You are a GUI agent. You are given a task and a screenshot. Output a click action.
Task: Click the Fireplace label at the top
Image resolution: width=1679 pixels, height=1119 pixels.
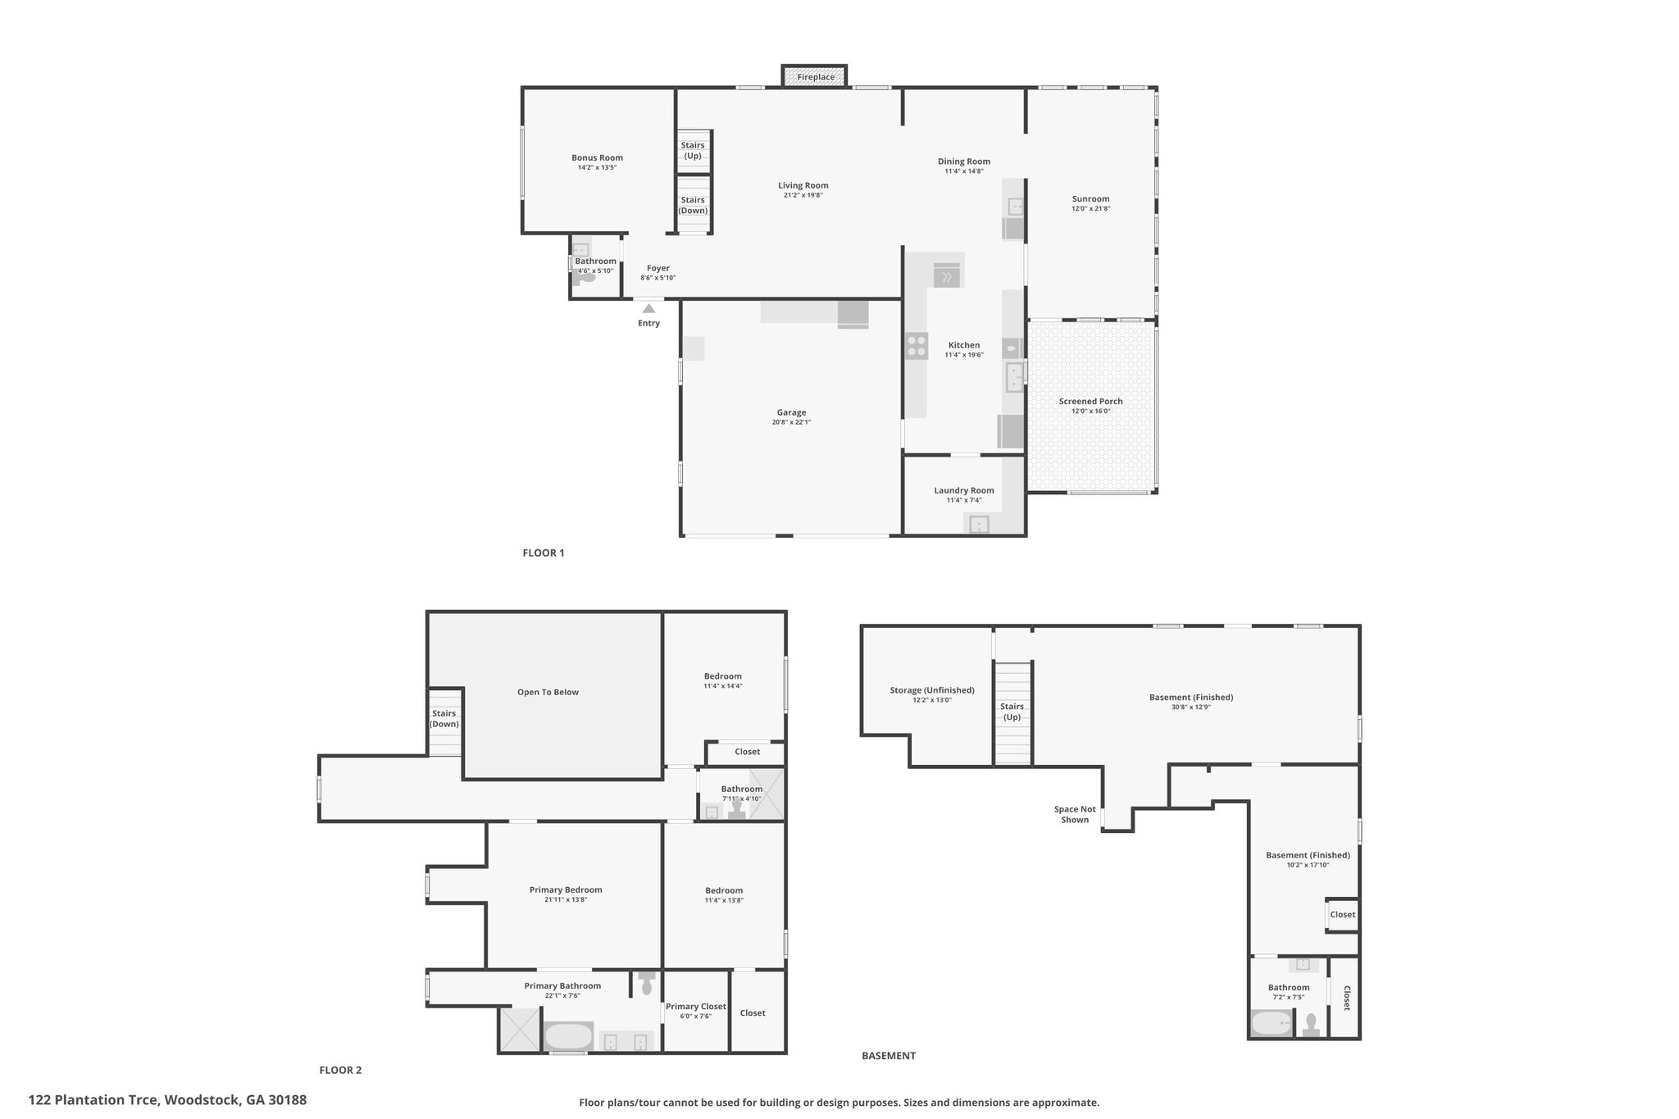pos(816,77)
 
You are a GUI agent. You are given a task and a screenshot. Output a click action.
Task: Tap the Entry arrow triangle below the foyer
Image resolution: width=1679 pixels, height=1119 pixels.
pos(648,308)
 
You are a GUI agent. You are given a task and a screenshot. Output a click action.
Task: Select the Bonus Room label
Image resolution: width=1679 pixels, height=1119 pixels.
pos(597,157)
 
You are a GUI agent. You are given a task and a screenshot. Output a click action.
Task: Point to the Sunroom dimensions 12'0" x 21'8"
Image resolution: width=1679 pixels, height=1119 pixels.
pos(1090,208)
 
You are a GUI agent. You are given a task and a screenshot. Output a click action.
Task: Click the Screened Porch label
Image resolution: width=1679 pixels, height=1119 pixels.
pos(1090,401)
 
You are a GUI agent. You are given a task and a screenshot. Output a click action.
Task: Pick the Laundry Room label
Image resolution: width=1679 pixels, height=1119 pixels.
pos(963,490)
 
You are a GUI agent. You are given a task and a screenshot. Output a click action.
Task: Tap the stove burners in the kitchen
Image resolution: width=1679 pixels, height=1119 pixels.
pos(917,346)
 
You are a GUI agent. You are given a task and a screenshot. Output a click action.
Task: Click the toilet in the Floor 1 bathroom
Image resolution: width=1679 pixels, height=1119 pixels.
pos(585,277)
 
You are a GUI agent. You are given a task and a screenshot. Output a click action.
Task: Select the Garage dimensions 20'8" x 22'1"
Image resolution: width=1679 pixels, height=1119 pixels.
pos(791,422)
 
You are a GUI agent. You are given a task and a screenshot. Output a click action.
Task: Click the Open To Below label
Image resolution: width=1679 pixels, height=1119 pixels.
pos(548,692)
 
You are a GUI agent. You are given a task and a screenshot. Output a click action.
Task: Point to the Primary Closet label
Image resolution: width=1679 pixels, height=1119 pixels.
pos(695,1006)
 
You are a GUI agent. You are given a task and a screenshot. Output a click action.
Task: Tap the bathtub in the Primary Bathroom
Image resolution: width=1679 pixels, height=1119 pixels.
pos(568,1036)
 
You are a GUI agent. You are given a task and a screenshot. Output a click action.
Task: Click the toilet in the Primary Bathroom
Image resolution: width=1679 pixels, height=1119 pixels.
pos(647,983)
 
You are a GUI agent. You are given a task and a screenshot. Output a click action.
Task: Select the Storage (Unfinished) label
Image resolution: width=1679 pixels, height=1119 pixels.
pos(932,690)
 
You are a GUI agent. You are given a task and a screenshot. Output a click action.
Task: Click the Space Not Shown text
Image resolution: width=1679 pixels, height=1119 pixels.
pos(1075,814)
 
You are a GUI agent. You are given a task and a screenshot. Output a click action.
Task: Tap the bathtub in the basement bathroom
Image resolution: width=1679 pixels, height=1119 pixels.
pos(1271,1023)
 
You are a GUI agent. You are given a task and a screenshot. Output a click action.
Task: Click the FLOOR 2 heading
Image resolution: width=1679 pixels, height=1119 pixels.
pos(340,1070)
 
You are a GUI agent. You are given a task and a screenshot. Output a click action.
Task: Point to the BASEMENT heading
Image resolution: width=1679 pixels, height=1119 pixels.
pos(889,1056)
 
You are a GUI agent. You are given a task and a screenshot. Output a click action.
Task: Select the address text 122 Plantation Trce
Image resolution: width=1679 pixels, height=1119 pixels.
pos(93,1100)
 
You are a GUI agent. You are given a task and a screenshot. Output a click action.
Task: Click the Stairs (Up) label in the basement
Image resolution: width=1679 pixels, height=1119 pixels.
pos(1012,712)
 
